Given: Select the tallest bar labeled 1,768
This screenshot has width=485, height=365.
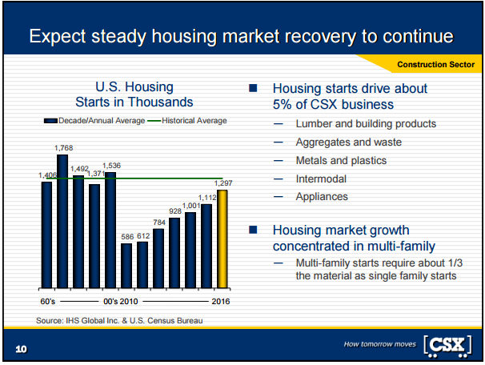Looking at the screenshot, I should click(x=62, y=221).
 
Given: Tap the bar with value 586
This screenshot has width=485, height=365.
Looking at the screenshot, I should click(x=126, y=265).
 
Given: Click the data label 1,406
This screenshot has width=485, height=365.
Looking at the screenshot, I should click(x=46, y=175).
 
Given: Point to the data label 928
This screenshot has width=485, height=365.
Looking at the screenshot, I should click(x=174, y=211).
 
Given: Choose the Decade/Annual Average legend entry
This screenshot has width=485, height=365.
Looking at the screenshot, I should click(x=95, y=121).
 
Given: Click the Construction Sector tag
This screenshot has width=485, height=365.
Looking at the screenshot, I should click(x=435, y=63).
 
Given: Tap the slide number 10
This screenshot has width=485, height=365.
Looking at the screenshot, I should click(x=20, y=349).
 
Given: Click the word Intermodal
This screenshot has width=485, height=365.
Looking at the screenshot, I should click(x=323, y=178).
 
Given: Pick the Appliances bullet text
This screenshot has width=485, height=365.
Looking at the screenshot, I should click(x=322, y=196).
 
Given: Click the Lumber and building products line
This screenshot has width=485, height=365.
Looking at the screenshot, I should click(x=366, y=124).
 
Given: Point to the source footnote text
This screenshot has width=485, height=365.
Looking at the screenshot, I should click(x=119, y=320).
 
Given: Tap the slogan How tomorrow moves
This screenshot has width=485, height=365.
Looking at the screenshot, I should click(x=379, y=344).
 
